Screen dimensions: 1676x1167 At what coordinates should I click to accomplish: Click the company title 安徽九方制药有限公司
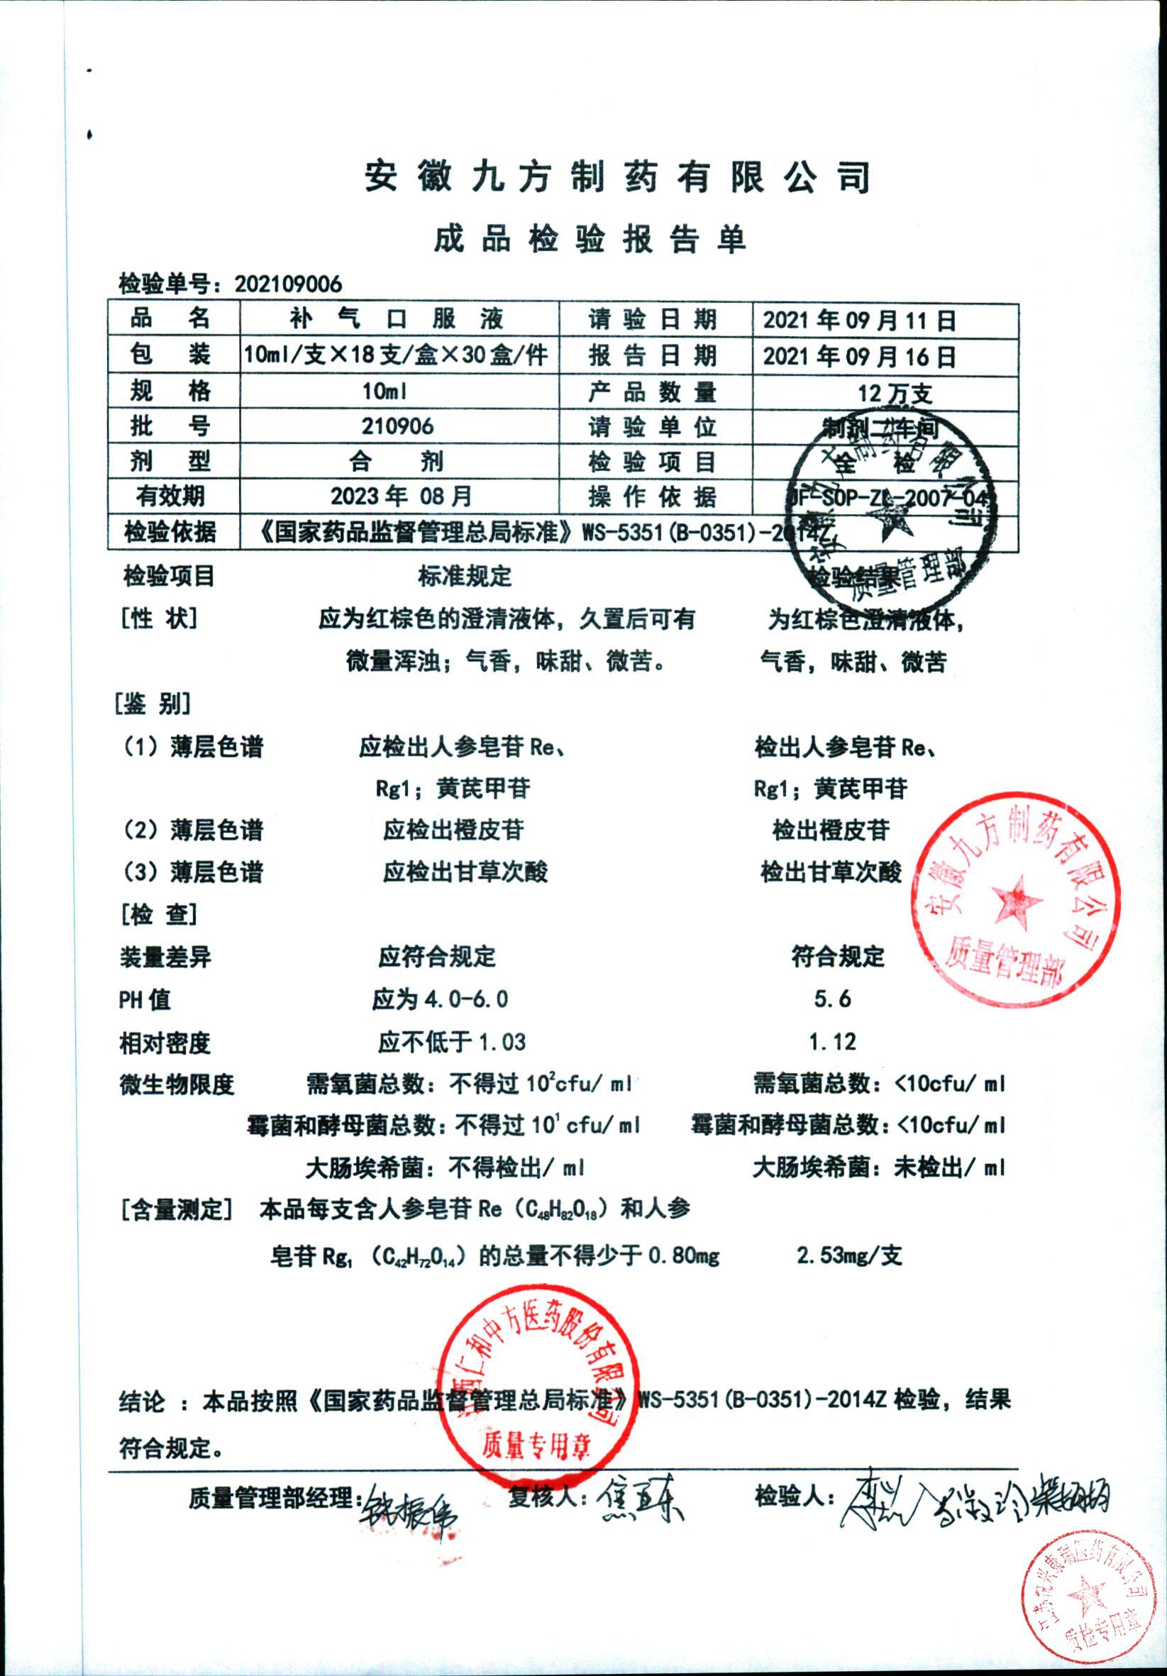click(x=617, y=177)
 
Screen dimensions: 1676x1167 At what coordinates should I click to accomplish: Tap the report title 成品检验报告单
click(x=590, y=239)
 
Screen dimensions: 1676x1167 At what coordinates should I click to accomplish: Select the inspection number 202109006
click(x=288, y=284)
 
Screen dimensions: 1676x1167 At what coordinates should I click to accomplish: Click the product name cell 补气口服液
click(x=397, y=319)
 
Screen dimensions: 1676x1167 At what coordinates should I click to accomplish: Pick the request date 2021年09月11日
click(x=859, y=321)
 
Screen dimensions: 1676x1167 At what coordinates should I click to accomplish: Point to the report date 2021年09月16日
click(x=859, y=356)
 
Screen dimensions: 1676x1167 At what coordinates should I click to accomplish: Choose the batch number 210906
click(x=397, y=426)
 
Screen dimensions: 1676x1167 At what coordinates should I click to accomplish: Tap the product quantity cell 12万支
click(x=895, y=394)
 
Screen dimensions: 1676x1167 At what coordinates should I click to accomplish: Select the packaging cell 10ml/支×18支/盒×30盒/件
click(x=396, y=355)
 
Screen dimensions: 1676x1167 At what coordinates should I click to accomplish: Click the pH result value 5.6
click(x=833, y=999)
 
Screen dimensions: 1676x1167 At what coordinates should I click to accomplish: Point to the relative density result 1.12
click(x=833, y=1042)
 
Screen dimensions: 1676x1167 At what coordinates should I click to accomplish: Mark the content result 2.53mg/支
click(x=849, y=1255)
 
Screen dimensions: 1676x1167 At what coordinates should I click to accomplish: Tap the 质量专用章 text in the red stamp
click(x=536, y=1443)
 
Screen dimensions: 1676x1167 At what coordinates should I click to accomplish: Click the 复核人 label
click(x=548, y=1496)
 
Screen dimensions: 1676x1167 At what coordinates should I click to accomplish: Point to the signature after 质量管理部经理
click(x=409, y=1508)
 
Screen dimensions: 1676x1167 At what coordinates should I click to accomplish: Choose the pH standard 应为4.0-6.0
click(x=441, y=999)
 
